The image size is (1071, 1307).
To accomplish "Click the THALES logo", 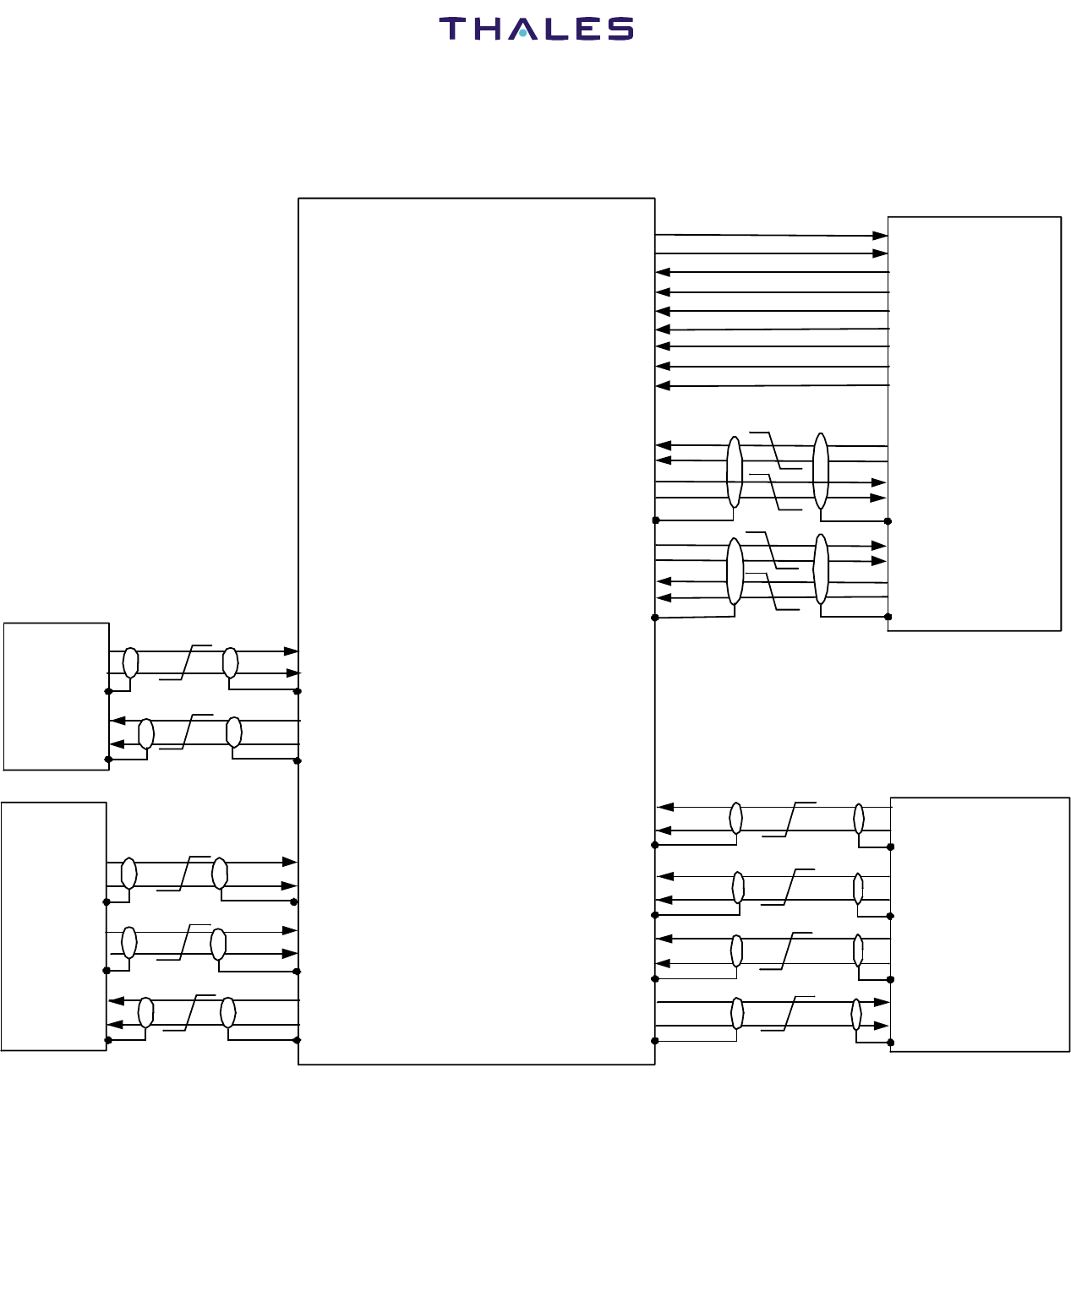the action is [536, 29].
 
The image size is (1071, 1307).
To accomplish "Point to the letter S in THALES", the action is [620, 29].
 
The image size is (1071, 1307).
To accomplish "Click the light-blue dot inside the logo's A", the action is [524, 34].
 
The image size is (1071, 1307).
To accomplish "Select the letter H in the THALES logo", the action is [489, 29].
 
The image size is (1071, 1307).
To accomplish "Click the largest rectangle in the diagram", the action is [477, 630].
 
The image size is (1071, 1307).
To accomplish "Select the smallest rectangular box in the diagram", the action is [57, 696].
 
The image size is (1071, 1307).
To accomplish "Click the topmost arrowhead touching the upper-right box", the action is [880, 236].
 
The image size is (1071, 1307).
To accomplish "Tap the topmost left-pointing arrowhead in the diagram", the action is [663, 272].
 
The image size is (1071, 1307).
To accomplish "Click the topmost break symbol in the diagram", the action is [775, 450].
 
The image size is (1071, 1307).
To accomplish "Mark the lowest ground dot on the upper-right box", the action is [888, 617].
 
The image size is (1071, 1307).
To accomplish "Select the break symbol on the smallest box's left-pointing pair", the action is [187, 731].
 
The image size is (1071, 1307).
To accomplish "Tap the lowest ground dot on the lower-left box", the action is [107, 1040].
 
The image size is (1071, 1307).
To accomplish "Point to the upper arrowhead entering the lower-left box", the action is [117, 1001].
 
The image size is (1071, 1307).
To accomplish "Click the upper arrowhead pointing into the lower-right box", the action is [882, 1002].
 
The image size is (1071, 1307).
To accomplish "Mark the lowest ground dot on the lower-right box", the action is [891, 1042].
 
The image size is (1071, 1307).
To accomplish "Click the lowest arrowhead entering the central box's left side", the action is [291, 954].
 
